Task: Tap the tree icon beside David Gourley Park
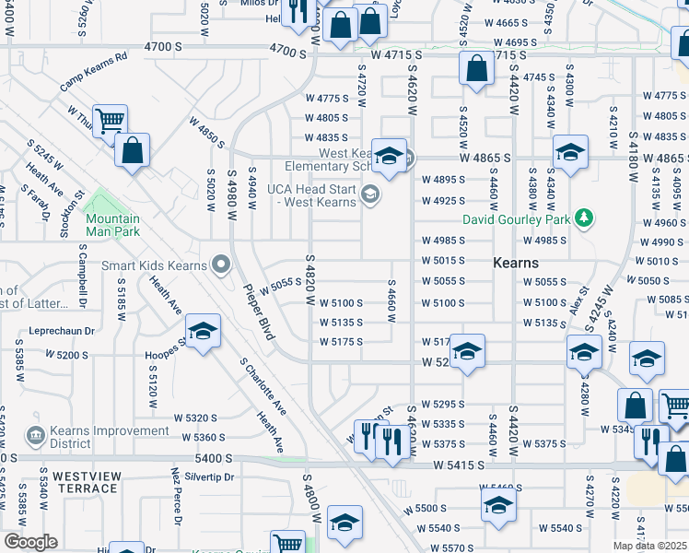coord(582,218)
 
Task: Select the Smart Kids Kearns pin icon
coord(220,265)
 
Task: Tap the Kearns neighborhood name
coord(515,263)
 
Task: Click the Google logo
coord(30,542)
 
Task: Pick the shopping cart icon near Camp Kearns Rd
coord(110,120)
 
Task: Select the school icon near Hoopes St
coord(203,330)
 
